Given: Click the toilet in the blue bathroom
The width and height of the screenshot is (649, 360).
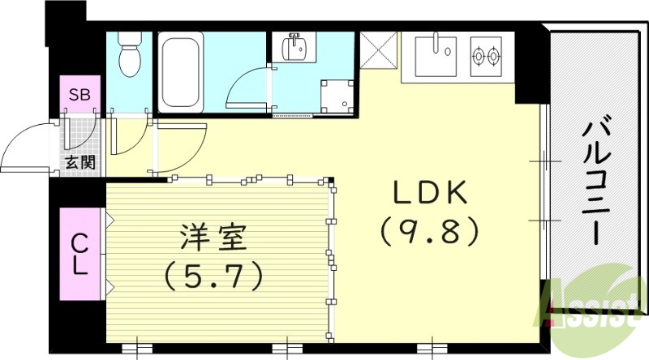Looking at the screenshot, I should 129,54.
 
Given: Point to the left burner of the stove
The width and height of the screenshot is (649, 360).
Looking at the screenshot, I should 479,56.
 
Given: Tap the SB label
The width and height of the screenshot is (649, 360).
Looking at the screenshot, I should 79,95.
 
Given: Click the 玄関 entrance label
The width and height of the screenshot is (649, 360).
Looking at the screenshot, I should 80,162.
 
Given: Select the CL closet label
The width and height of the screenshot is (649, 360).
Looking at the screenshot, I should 79,254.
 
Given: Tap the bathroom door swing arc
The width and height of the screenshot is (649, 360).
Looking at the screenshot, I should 245,89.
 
